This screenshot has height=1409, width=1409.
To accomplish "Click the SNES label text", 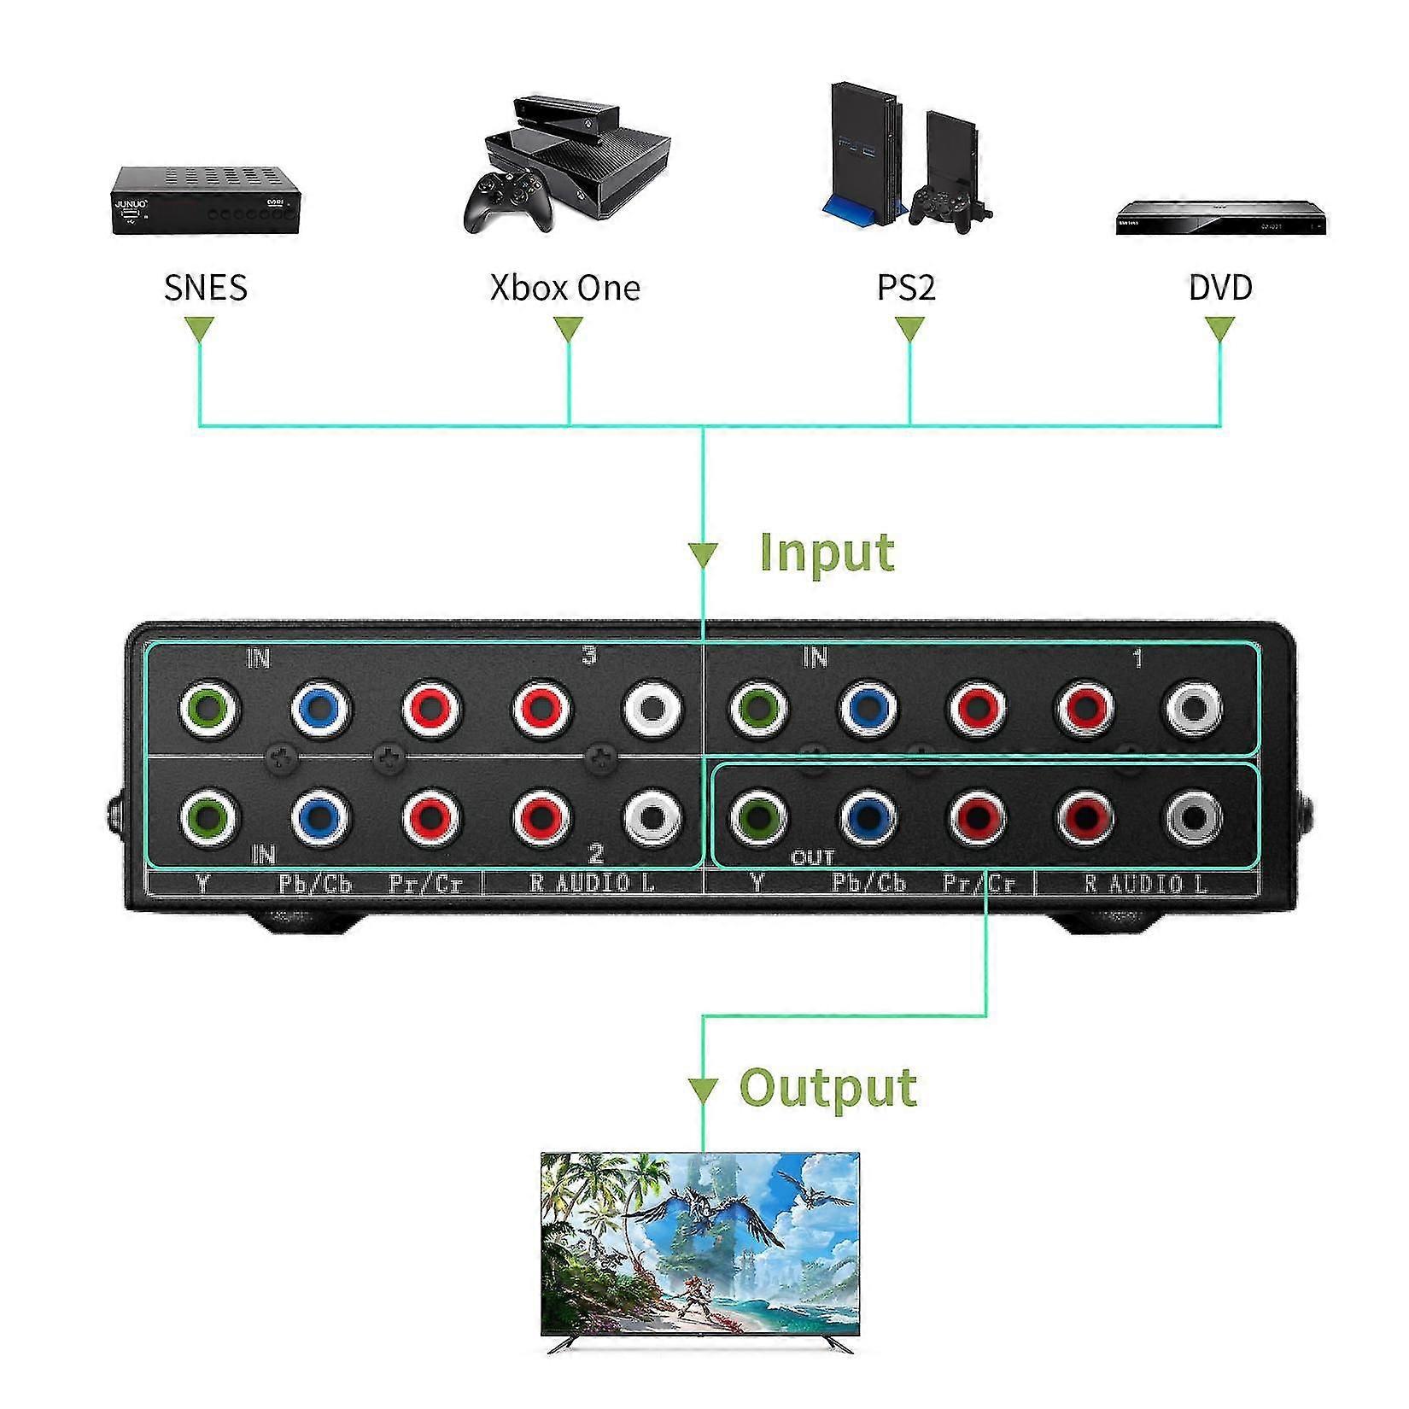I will [x=206, y=287].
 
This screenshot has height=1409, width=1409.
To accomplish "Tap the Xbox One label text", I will [x=564, y=287].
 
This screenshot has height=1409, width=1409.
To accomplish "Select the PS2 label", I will [x=906, y=287].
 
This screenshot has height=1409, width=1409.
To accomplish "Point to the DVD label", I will [x=1220, y=287].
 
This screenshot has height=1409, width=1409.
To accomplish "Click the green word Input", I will [x=827, y=552].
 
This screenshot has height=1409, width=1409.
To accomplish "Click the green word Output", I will [x=827, y=1088].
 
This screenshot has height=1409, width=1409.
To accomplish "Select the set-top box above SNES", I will [x=208, y=200].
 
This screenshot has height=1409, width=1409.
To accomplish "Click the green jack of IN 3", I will [x=209, y=707].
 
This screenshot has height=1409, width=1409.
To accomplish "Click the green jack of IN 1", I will [x=758, y=707].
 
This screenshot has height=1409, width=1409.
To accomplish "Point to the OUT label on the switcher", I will [x=812, y=857].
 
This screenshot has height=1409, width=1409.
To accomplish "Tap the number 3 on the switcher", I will [x=589, y=656].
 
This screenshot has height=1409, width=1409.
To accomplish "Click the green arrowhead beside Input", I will [x=703, y=554].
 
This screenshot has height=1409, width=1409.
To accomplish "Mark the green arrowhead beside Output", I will [x=703, y=1090].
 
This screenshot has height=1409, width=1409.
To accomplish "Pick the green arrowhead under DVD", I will [x=1219, y=330].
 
